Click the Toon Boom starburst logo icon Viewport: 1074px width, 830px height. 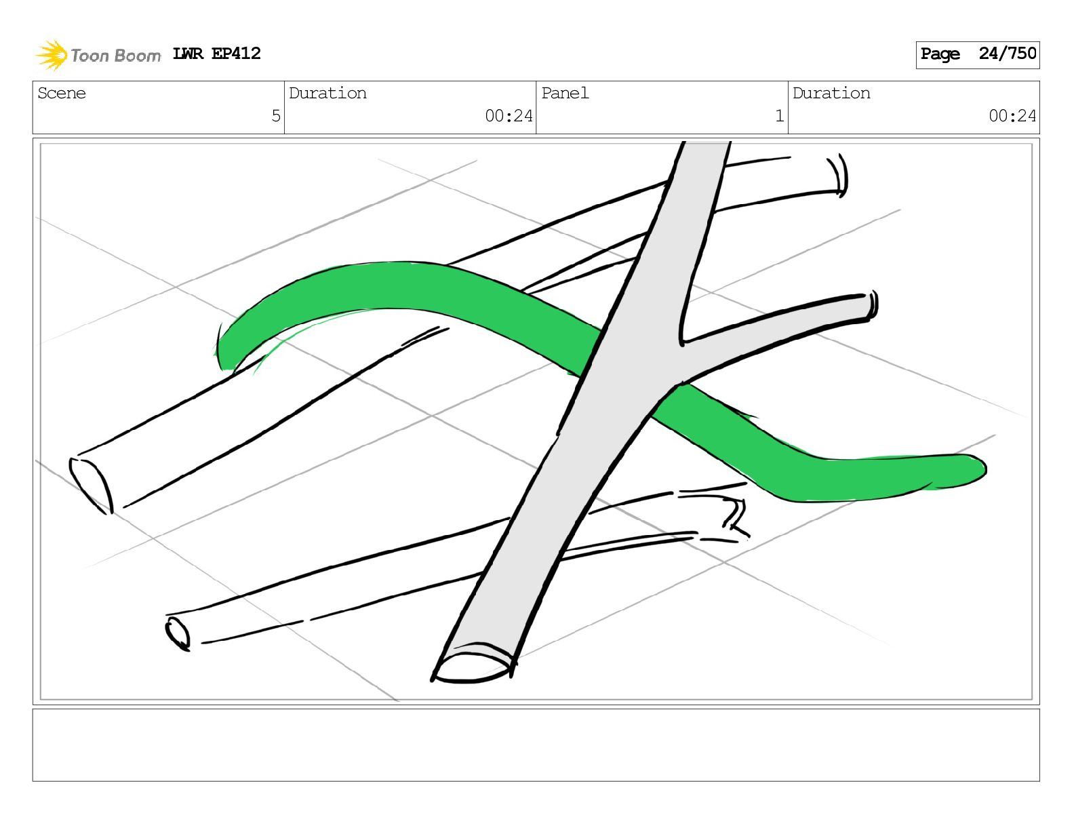(x=51, y=55)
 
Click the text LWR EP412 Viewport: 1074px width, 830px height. (x=216, y=54)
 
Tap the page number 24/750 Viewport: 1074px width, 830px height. (x=1007, y=54)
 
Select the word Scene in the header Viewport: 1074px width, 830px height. (x=62, y=94)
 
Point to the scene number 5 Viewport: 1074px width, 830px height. (x=275, y=116)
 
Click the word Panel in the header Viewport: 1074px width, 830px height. (x=565, y=94)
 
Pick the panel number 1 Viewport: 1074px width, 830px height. (x=779, y=116)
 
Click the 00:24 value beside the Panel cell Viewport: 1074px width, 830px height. (x=509, y=116)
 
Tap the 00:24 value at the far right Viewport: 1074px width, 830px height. (x=1012, y=116)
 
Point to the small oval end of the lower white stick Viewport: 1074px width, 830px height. (x=178, y=635)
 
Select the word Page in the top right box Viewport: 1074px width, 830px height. (x=940, y=54)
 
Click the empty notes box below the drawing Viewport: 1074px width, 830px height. (x=536, y=745)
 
